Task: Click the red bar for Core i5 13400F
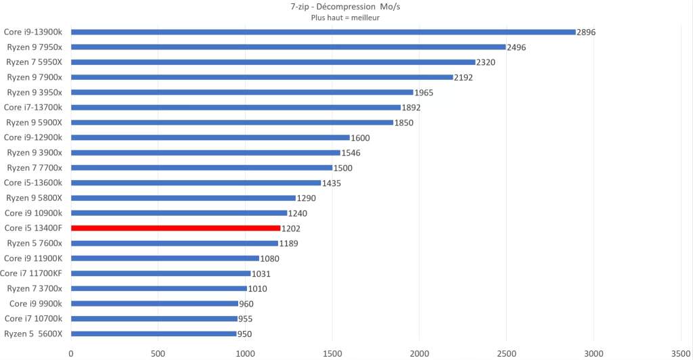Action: [x=175, y=228]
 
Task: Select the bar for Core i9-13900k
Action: [x=323, y=32]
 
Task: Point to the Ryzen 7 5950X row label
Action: [x=34, y=62]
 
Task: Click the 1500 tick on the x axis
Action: [x=332, y=353]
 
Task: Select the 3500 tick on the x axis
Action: [x=680, y=353]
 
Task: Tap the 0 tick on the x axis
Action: [x=71, y=353]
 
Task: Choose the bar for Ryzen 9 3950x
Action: [x=242, y=92]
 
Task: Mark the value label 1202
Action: [x=291, y=229]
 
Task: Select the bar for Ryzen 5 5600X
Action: [x=154, y=334]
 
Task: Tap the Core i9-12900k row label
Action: [x=33, y=137]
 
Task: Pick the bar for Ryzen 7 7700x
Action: [x=202, y=168]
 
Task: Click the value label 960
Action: [x=246, y=304]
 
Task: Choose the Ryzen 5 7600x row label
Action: [x=35, y=244]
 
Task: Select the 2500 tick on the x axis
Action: [x=506, y=353]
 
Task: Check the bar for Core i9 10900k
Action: [x=179, y=213]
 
